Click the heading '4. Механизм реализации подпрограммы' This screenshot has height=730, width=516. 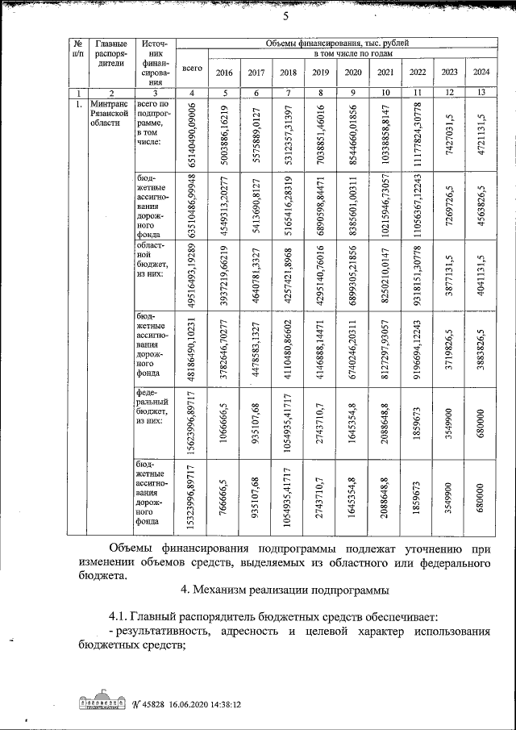click(x=285, y=590)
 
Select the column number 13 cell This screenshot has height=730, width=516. click(x=481, y=93)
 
